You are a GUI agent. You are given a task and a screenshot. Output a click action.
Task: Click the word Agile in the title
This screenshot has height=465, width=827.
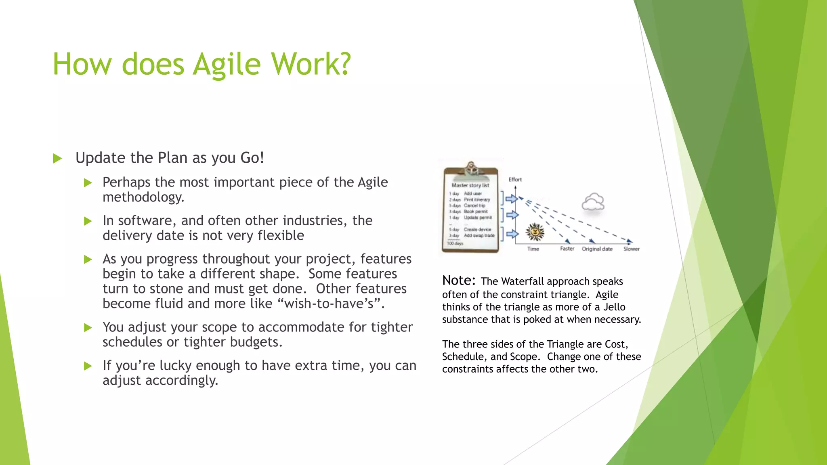[x=227, y=65]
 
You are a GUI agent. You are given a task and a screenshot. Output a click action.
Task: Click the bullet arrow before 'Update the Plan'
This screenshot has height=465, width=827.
[x=57, y=158]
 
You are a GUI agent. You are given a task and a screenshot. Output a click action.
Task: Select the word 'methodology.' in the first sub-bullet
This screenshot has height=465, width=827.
[x=143, y=197]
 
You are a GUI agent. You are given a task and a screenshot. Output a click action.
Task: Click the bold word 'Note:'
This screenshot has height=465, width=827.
[x=459, y=280]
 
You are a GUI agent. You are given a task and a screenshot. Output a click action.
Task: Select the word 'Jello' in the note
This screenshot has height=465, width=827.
[x=614, y=307]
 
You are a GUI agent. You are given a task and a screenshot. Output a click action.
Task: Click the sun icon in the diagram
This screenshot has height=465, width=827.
[x=535, y=232]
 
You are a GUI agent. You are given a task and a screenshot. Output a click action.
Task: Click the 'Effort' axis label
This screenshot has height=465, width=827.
[x=515, y=179]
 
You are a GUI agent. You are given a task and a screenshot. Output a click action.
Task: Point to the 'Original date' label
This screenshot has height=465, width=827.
[x=597, y=249]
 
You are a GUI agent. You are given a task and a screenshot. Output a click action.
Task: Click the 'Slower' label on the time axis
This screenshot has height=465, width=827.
[x=631, y=249]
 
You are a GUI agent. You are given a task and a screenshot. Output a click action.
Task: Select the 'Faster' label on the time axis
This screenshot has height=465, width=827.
[x=567, y=249]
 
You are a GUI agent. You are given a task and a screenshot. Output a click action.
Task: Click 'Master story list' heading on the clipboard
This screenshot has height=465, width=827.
[x=470, y=185]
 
